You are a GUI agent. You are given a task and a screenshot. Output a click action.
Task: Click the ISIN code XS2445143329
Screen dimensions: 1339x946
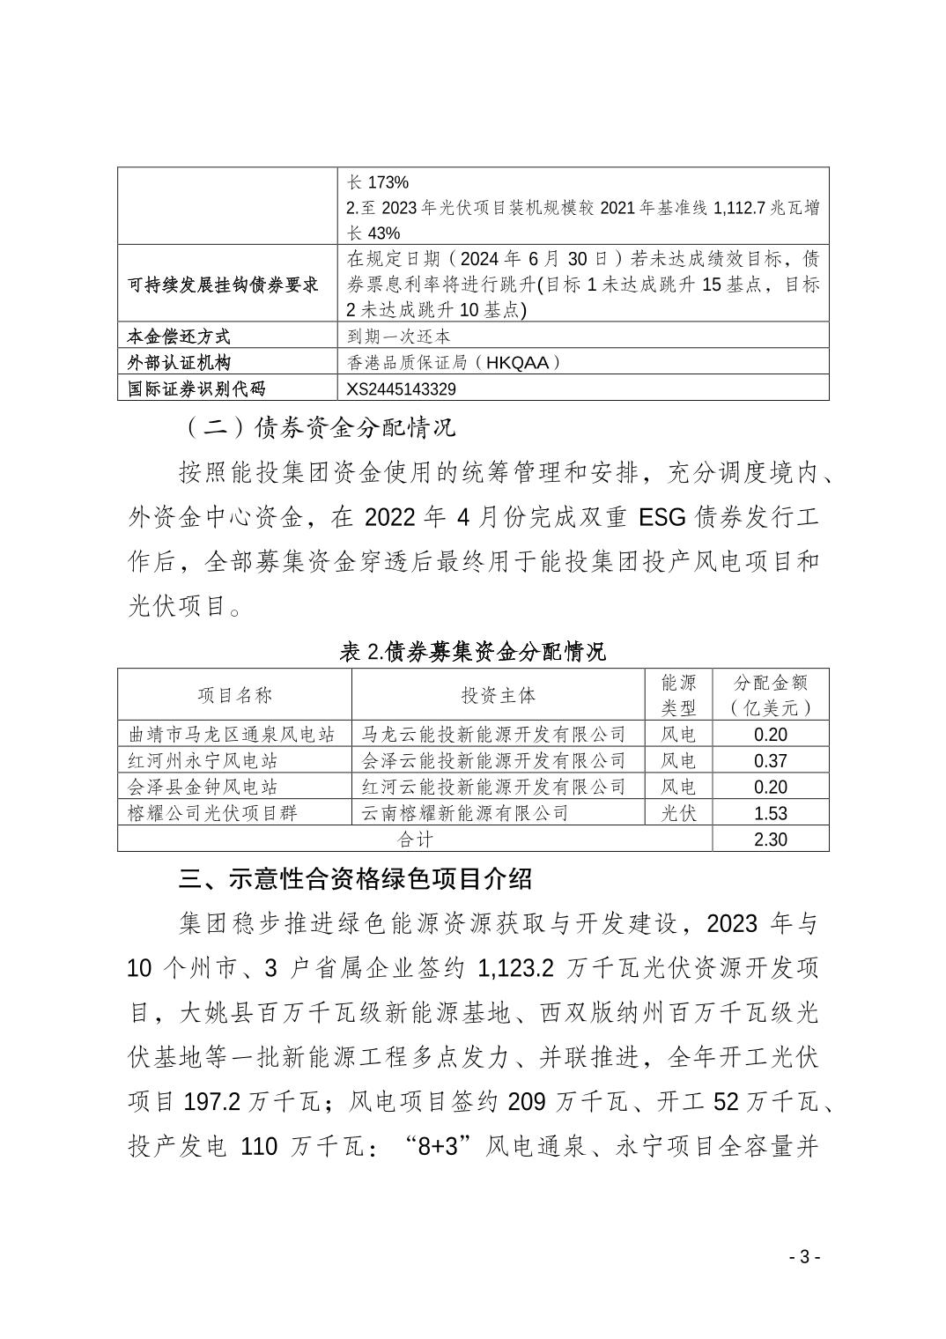coord(403,388)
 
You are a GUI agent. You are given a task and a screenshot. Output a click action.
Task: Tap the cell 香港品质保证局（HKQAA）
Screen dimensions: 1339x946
coord(454,362)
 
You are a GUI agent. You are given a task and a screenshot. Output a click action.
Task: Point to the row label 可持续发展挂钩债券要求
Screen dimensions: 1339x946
coord(223,285)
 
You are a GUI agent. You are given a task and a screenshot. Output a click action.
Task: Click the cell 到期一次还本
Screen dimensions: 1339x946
coord(400,337)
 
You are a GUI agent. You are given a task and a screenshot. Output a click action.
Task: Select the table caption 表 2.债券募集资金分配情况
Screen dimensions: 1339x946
coord(472,652)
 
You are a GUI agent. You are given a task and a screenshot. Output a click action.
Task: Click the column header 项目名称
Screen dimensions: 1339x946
coord(234,695)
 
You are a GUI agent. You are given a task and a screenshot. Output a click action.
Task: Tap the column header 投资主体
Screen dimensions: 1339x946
coord(498,695)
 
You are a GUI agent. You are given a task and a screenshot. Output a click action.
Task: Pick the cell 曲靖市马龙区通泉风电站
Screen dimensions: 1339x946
coord(232,735)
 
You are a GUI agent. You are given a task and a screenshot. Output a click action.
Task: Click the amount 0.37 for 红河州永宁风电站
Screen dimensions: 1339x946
coord(771,761)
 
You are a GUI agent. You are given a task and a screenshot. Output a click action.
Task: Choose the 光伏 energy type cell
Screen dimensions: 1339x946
coord(678,813)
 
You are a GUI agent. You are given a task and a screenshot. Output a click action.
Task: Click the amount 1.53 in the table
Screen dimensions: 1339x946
coord(771,813)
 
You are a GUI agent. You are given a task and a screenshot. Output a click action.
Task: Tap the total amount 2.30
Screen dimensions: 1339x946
coord(771,840)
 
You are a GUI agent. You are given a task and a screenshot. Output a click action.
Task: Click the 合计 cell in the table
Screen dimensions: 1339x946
coord(415,840)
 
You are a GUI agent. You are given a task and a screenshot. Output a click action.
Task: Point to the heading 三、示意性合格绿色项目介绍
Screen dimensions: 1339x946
coord(355,879)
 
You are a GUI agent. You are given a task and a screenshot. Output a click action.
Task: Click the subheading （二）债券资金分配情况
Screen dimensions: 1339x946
coord(318,429)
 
